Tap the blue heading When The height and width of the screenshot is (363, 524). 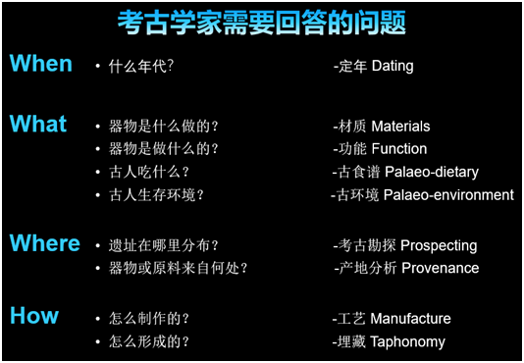(41, 64)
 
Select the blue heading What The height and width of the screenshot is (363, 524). (38, 125)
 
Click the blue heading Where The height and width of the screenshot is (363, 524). (45, 243)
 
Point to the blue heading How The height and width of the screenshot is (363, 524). (34, 316)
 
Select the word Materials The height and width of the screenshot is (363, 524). (400, 127)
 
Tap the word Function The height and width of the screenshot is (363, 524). (398, 149)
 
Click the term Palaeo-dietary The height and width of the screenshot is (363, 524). (432, 173)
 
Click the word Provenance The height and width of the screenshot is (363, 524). (441, 268)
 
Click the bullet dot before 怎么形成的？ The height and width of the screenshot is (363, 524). (98, 342)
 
